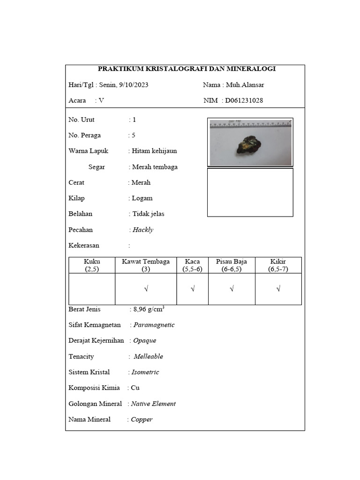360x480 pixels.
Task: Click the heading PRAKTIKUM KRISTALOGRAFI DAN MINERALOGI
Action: [187, 69]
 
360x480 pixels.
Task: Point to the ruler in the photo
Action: [251, 124]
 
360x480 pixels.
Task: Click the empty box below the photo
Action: [250, 192]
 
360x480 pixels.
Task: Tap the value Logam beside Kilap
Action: [142, 198]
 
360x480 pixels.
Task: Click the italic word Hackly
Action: [143, 230]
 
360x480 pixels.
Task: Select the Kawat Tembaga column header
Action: [146, 265]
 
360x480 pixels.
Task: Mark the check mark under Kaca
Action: [193, 289]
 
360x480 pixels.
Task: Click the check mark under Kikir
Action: [278, 289]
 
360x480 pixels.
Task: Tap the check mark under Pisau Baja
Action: [232, 289]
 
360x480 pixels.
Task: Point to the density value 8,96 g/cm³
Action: [149, 309]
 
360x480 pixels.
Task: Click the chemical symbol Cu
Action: [135, 388]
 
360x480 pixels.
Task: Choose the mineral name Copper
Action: [142, 420]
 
